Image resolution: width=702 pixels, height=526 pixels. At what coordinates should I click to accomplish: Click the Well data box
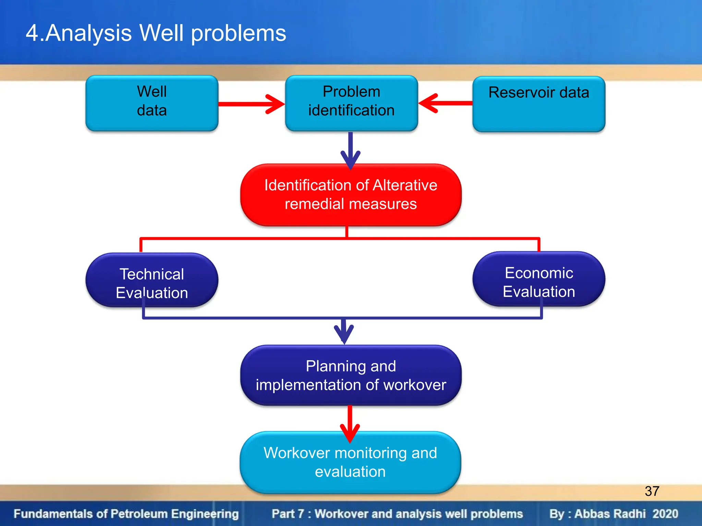[152, 103]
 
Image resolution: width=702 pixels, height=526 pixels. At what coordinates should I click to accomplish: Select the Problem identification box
[351, 103]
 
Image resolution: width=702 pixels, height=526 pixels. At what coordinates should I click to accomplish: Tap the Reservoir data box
[538, 103]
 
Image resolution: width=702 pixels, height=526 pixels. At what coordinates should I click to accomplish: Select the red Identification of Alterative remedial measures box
[351, 195]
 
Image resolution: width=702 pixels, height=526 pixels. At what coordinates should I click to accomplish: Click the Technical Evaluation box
[152, 280]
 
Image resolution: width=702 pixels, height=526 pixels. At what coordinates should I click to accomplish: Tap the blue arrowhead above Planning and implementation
[344, 333]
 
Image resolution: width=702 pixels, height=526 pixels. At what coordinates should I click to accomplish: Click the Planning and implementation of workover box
[351, 375]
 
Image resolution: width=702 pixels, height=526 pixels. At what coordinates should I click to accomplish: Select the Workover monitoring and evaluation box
[350, 462]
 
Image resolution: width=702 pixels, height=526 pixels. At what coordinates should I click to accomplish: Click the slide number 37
[652, 491]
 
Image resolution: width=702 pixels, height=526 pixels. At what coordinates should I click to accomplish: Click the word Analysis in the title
[88, 33]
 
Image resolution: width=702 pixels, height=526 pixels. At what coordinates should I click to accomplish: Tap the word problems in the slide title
[238, 33]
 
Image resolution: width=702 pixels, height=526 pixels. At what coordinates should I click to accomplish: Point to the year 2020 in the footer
[665, 514]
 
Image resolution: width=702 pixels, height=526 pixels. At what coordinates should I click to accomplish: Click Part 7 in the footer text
[288, 514]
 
